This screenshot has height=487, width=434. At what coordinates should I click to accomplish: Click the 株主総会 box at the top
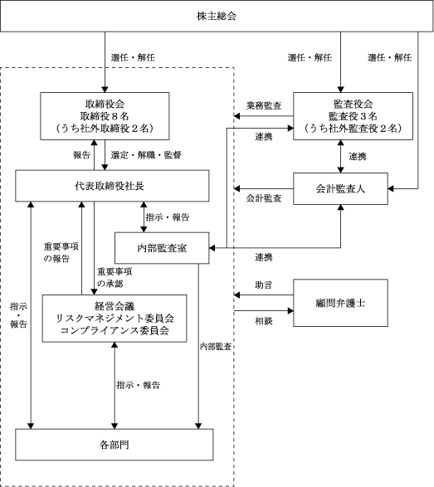coord(217,16)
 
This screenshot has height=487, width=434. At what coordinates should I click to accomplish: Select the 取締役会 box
coord(105,116)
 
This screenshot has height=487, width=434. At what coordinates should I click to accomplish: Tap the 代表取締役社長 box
coord(112,186)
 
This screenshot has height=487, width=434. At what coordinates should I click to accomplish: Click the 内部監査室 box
coord(162,248)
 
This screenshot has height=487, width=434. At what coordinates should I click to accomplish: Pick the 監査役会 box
coord(353,116)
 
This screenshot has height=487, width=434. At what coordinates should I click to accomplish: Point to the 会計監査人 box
coord(340,188)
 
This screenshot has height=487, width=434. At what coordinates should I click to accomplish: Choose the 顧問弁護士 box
coord(340,303)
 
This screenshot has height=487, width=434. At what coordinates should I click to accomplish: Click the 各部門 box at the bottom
coord(115,445)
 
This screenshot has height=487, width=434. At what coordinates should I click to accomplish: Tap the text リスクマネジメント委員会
coord(115,319)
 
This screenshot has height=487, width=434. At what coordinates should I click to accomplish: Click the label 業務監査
coord(264,105)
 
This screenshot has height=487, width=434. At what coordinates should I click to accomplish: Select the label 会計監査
coord(264,198)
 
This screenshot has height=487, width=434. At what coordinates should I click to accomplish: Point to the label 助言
coord(264,285)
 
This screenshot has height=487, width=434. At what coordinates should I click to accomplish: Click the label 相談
coord(264,321)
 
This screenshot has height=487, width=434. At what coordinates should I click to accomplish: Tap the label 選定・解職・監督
coord(146,155)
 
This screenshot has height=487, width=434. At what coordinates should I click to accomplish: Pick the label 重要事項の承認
coord(115,278)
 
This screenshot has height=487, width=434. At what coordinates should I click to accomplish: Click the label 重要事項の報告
coord(61,252)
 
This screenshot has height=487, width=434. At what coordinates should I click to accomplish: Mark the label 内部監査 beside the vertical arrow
coord(216,346)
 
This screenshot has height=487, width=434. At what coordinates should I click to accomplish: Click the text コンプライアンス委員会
coord(115,330)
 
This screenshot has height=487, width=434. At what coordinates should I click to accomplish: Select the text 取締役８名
coord(105,116)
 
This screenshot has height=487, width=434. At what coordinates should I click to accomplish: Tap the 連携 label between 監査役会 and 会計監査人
coord(358,156)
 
